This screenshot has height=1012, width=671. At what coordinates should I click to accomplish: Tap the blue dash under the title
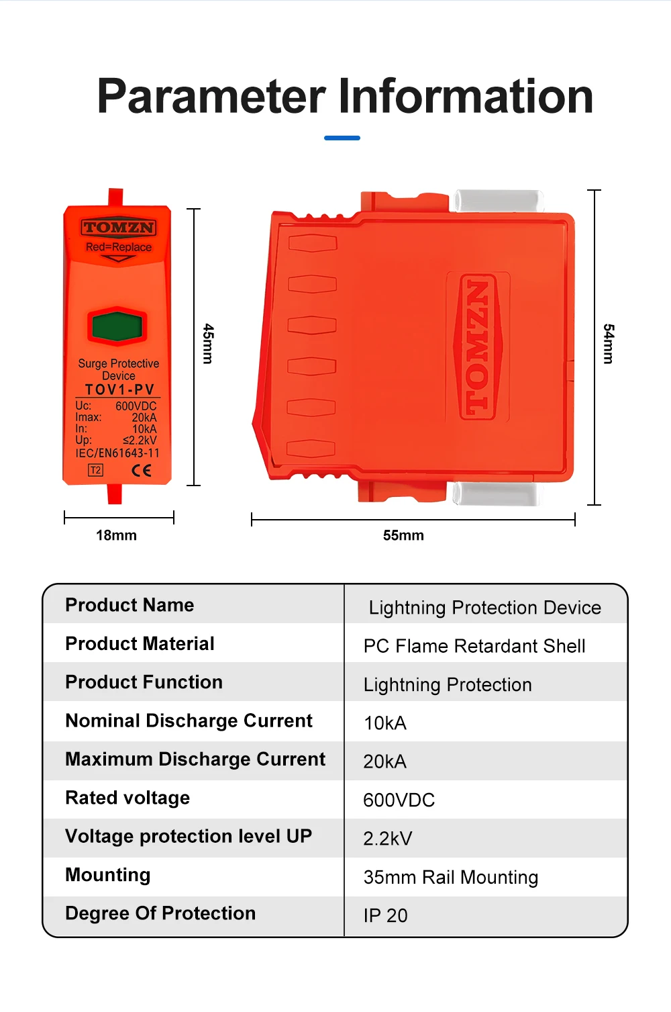point(342,138)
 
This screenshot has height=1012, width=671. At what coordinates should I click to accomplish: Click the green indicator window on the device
point(117,326)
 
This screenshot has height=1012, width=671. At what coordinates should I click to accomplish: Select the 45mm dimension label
point(209,344)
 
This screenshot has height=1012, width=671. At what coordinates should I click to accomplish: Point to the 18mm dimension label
point(116,535)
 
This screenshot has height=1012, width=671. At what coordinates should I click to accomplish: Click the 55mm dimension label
point(403,535)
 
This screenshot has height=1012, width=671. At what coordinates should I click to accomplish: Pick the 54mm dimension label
point(608,344)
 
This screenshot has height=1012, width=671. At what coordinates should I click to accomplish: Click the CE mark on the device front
point(142,470)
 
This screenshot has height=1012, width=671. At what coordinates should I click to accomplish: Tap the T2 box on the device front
point(96,470)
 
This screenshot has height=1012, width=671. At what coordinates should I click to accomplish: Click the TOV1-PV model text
point(119,389)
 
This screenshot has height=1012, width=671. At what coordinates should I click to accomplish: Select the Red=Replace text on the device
point(119,247)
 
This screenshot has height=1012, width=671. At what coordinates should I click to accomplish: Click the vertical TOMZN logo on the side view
point(477,346)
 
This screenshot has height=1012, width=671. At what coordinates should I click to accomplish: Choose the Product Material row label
point(140,643)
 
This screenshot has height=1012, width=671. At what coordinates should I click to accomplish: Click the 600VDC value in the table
point(399,800)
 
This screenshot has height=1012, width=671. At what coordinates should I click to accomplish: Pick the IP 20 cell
point(385,915)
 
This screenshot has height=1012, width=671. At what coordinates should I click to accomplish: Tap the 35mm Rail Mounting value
point(450,877)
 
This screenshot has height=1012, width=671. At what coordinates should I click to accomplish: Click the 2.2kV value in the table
point(387,838)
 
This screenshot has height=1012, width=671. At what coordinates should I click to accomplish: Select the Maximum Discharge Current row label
point(195,759)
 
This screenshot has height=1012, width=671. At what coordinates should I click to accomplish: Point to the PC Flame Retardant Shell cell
point(474,646)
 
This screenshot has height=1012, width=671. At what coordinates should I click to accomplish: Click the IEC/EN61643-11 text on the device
point(117,453)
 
